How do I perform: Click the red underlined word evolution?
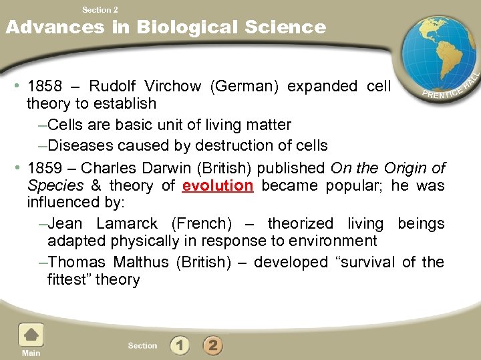point(218,186)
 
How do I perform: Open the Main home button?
point(31,340)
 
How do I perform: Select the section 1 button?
point(180,345)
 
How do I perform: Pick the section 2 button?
point(212,345)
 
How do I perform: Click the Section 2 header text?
point(100,9)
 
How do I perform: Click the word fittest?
point(70,280)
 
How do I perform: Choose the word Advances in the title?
point(55,27)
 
